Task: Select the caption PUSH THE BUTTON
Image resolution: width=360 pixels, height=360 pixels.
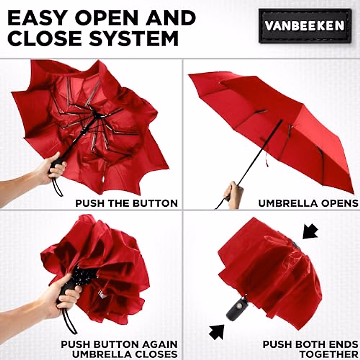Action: (126, 203)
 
